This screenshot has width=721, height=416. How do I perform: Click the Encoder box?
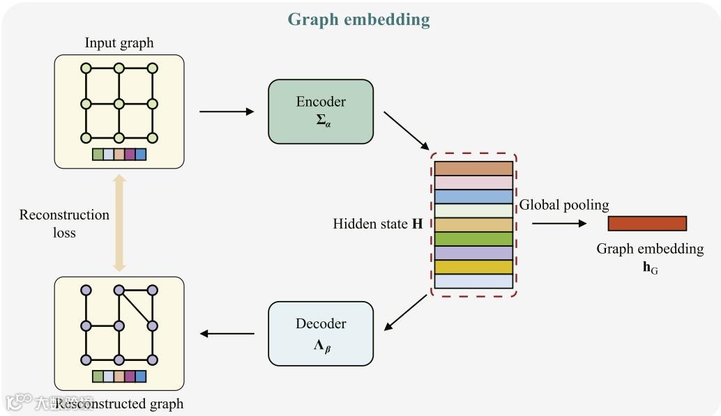[321, 111]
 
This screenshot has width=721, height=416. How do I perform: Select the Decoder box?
[321, 333]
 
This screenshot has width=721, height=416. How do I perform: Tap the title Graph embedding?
[358, 19]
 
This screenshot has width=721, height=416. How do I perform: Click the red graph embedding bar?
[647, 223]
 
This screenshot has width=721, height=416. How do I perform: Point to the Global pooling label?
[564, 205]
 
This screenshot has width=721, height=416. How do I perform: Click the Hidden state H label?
[378, 224]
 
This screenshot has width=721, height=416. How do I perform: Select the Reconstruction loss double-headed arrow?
[119, 223]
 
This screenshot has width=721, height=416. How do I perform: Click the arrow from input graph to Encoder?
[227, 111]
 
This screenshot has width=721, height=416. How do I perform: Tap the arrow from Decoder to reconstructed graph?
[227, 334]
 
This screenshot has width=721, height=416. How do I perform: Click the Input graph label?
[119, 43]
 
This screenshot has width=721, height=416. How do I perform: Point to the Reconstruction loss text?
[64, 224]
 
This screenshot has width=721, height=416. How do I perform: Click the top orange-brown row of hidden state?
[473, 169]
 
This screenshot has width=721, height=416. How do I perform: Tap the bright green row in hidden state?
[473, 239]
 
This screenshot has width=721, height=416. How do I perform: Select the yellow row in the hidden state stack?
[473, 267]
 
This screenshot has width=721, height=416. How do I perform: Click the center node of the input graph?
[119, 104]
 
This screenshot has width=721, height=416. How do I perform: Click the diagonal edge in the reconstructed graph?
[136, 308]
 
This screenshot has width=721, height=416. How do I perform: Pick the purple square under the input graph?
[130, 155]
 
